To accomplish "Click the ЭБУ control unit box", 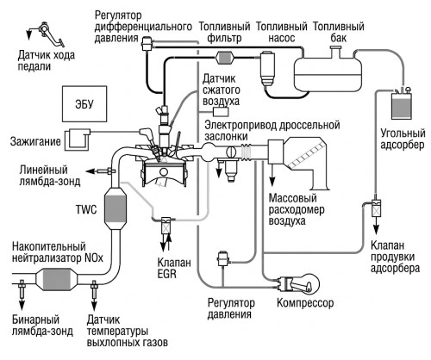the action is [84, 103].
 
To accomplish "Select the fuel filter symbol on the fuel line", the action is [225, 58].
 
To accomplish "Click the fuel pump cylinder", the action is [267, 68].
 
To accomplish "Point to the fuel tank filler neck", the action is [335, 51].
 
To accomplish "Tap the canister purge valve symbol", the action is [376, 208].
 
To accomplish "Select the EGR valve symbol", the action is [166, 226].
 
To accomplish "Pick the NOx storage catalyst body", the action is [57, 279].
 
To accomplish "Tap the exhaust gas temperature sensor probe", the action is [93, 289].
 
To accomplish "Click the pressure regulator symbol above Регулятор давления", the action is [222, 259].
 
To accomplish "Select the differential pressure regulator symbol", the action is [147, 44].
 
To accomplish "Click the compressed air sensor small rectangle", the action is [221, 111].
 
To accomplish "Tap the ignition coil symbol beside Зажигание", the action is [77, 140].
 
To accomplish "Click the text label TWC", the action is [86, 210].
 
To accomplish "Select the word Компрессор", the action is [305, 303].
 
